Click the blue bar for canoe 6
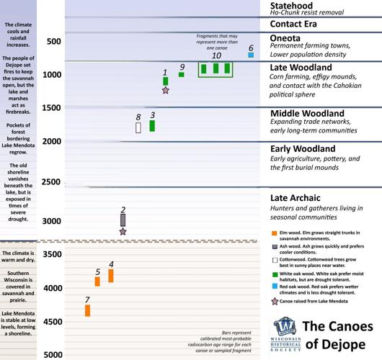click(250, 55)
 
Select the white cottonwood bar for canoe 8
click(138, 127)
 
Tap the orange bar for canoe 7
click(152, 126)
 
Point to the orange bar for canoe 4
click(111, 276)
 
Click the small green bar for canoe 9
click(182, 74)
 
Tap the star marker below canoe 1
click(166, 91)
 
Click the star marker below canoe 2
click(123, 231)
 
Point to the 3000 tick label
click(51, 221)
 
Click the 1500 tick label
click(51, 108)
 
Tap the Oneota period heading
click(285, 40)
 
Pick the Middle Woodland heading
click(306, 114)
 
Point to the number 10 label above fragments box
click(216, 55)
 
